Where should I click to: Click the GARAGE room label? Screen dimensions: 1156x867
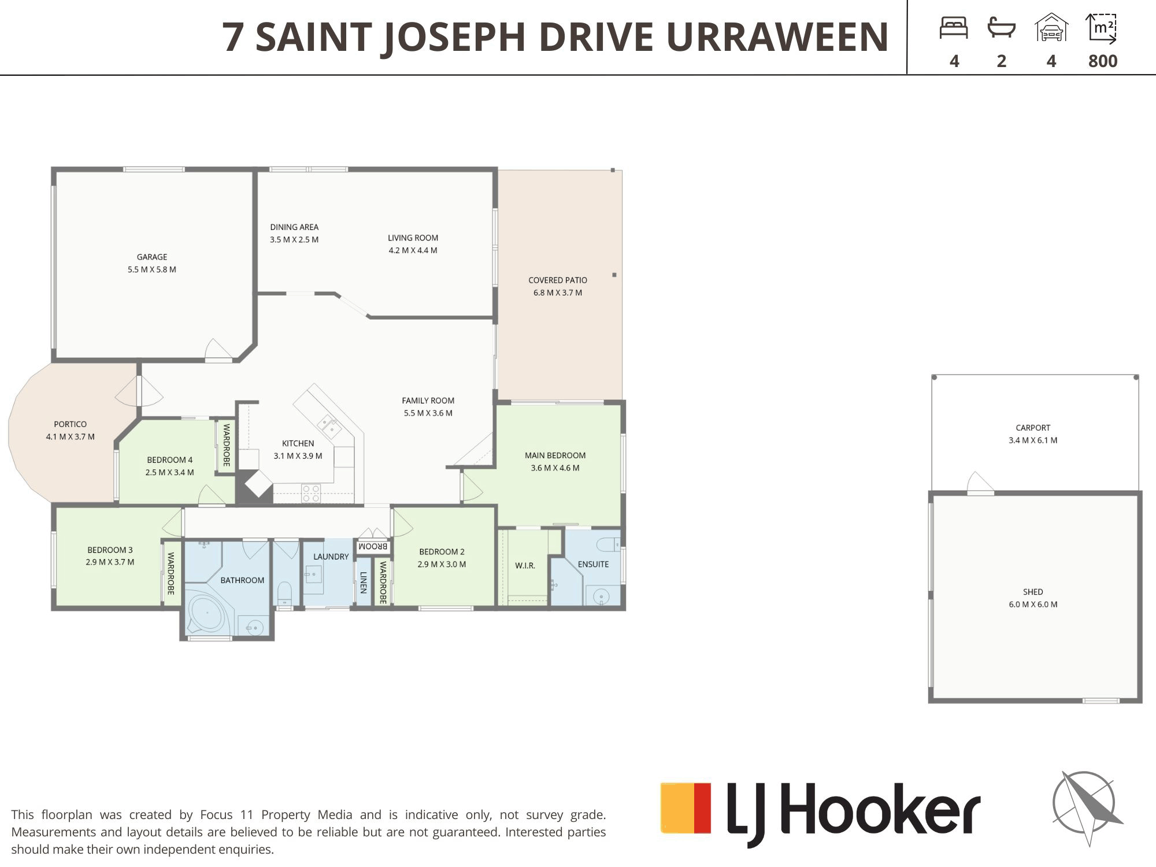click(x=152, y=257)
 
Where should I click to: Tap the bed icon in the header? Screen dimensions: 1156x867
click(x=954, y=28)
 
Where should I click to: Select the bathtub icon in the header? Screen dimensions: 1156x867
click(x=1002, y=28)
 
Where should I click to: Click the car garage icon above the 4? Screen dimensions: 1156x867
click(x=1051, y=28)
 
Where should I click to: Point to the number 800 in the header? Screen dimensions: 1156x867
click(x=1103, y=61)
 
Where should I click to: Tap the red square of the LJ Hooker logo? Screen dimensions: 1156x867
click(x=702, y=808)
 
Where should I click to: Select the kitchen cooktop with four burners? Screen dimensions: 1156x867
click(x=311, y=494)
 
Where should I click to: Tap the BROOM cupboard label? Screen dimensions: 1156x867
click(x=373, y=546)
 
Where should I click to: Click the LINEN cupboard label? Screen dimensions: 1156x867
click(x=363, y=583)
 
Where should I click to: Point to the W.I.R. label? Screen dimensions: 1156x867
click(x=525, y=566)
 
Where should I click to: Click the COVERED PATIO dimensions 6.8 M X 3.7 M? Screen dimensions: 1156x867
click(x=558, y=293)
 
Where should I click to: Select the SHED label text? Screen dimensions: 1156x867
click(x=1033, y=592)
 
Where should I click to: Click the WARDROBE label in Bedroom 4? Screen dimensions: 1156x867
click(x=227, y=445)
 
